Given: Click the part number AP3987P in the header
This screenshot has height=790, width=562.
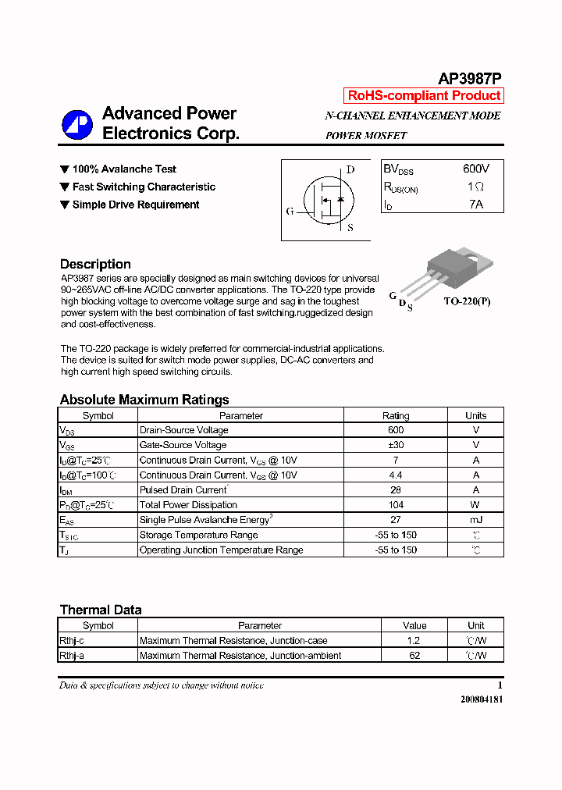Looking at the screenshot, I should coord(469,78).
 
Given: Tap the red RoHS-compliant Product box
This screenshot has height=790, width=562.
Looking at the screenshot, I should coord(424,95).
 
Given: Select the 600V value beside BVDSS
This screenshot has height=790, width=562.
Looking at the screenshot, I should coord(475,169).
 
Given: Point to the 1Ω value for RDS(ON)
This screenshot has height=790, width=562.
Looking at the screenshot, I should coord(475,187).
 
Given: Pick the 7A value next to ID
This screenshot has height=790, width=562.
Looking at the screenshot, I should coord(475,205).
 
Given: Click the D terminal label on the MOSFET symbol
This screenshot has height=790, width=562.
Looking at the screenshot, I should coord(350,169).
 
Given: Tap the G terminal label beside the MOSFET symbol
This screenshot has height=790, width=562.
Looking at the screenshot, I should coord(290,211).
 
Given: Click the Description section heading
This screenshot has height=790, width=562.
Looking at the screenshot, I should coord(95,264).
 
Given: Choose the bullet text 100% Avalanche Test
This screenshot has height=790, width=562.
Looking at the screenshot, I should coord(124,169).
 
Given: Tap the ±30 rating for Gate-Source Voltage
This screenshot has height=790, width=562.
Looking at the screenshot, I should coord(396,445).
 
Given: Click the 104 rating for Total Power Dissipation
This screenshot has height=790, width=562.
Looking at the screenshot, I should coord(396,505).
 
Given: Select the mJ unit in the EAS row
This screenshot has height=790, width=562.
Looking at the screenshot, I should coord(475,520).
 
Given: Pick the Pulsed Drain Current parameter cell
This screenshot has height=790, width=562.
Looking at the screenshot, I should coord(183,490).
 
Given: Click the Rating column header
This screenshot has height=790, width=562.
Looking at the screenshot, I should coord(396,415).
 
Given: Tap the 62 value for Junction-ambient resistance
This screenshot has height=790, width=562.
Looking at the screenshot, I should coord(414,656).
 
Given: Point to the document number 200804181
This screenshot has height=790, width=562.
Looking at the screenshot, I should coord(482,699).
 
